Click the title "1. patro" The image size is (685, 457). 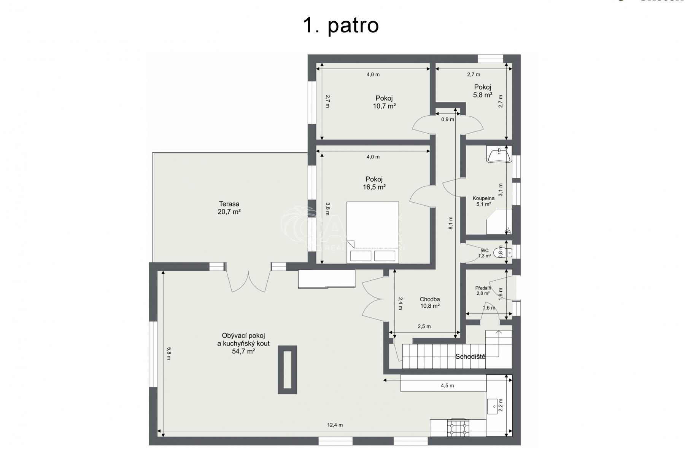[341, 26]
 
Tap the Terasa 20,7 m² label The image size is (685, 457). [229, 208]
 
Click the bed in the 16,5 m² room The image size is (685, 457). [373, 232]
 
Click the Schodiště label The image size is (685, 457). [470, 356]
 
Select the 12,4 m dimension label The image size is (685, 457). [335, 425]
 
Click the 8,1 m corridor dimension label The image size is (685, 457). [451, 223]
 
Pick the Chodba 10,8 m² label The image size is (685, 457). [430, 303]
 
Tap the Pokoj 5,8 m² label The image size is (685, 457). [483, 91]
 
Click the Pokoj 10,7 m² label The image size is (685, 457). [384, 102]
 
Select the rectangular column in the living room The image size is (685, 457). [287, 370]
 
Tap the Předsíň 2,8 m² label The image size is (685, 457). [483, 291]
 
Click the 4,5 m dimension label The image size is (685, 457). [447, 385]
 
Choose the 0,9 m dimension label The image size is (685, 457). [447, 119]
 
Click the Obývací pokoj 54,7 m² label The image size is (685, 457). [243, 344]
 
